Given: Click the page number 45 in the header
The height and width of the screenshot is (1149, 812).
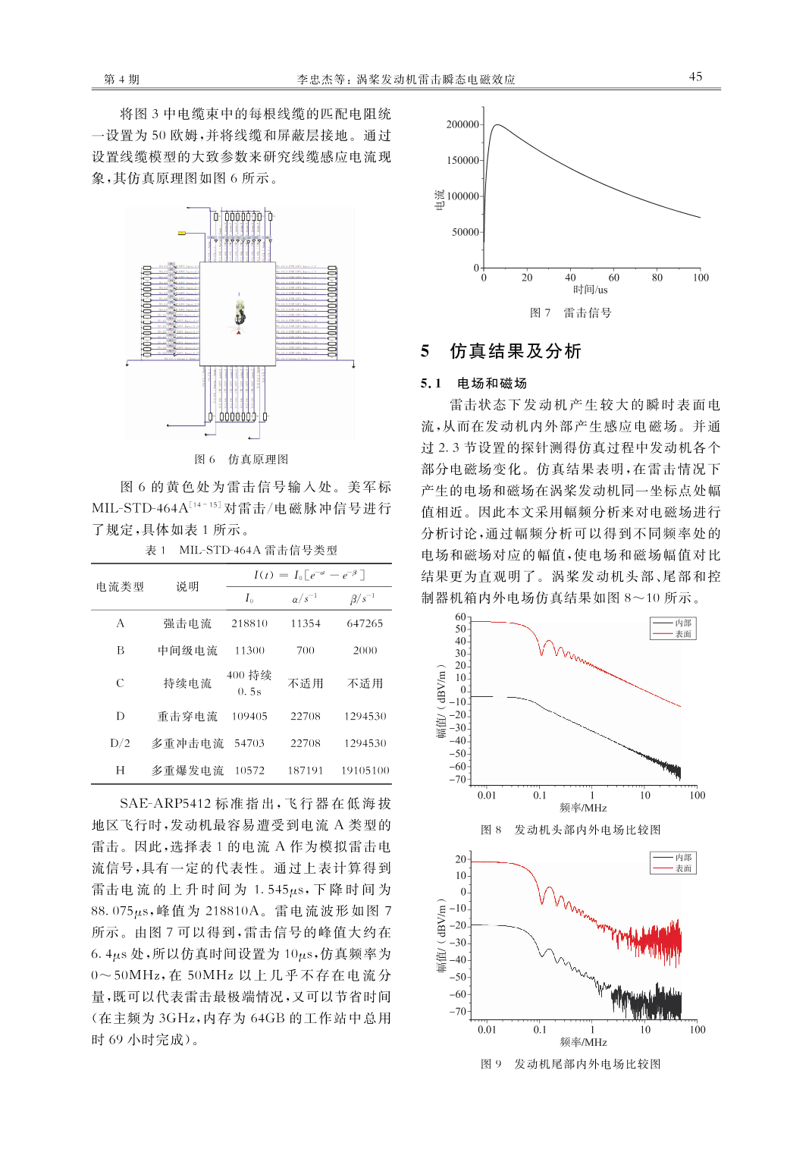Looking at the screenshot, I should (695, 77).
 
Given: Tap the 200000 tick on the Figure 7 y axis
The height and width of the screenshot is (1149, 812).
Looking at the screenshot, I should (462, 124).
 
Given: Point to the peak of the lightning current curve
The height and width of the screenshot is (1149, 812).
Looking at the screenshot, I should (497, 125).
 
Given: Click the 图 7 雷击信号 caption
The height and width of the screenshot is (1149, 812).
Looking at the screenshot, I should (570, 312).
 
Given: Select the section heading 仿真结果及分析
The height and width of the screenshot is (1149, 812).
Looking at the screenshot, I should (516, 351).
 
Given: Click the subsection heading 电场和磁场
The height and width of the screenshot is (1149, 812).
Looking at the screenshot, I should (491, 383).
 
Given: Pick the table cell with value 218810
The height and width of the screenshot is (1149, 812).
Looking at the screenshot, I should (249, 623).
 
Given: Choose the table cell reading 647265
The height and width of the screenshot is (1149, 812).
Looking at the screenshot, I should (365, 623).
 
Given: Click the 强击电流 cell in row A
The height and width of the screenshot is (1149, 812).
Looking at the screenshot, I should (187, 623).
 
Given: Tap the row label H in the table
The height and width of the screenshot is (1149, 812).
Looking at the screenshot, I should (120, 771).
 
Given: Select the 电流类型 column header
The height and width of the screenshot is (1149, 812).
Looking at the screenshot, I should (120, 586).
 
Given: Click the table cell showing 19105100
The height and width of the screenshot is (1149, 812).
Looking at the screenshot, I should (365, 771).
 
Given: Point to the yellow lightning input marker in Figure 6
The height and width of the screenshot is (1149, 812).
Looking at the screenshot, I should (182, 233).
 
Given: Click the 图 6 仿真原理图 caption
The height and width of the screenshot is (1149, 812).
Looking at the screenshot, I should (241, 459).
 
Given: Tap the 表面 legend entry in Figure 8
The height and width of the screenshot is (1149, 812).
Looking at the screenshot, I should (682, 634).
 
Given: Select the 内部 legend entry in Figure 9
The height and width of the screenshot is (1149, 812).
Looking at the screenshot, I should (682, 858).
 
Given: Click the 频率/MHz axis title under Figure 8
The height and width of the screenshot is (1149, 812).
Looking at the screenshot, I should (583, 808).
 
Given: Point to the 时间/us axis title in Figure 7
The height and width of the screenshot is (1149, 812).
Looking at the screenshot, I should (590, 290).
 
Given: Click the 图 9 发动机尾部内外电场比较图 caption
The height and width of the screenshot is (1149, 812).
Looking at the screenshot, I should (570, 1064).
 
